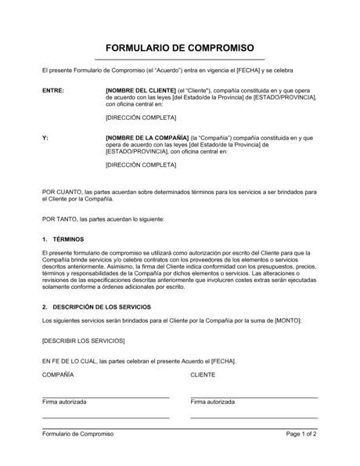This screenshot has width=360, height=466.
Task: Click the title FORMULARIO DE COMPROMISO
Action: point(179,45)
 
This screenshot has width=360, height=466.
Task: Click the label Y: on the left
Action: point(45,138)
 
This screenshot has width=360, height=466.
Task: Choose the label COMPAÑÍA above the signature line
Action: point(58,375)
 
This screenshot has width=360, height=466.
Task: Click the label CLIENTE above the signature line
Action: point(204,375)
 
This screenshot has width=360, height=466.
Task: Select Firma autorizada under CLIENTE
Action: point(213,402)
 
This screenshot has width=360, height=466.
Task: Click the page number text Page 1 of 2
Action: point(301,434)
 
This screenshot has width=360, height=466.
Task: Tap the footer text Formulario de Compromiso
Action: point(77,434)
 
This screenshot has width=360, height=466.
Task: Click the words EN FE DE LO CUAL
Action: point(69,361)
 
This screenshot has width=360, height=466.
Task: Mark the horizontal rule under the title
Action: point(179,60)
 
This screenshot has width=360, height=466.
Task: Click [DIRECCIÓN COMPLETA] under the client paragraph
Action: point(141,117)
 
